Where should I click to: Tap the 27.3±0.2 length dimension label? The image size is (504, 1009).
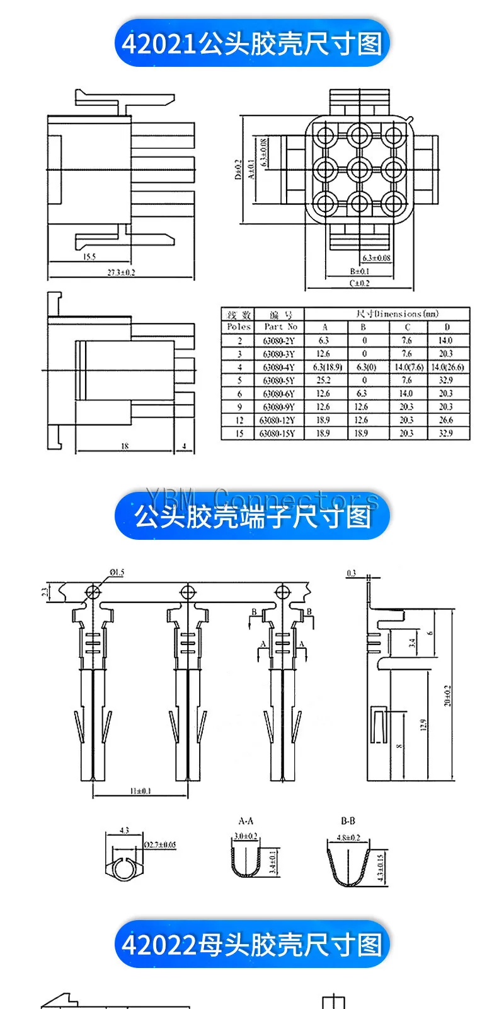click(x=122, y=273)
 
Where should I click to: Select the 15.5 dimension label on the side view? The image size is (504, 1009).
click(x=89, y=257)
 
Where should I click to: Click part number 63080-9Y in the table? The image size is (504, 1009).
click(x=278, y=407)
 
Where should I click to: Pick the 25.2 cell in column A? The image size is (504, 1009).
click(x=323, y=380)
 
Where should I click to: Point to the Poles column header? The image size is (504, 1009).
click(x=239, y=327)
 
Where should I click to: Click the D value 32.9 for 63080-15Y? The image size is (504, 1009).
click(x=445, y=433)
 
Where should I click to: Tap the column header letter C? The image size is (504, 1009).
click(x=407, y=327)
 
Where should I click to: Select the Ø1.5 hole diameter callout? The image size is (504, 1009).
click(x=117, y=573)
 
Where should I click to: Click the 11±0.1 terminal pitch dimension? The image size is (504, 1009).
click(x=140, y=791)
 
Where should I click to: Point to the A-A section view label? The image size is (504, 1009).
click(x=246, y=821)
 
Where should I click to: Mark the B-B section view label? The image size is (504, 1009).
click(x=348, y=821)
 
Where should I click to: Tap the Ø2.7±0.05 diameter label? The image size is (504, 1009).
click(x=160, y=844)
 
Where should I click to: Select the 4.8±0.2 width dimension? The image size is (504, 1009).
click(x=349, y=837)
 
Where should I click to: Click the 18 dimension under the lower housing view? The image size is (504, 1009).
click(x=125, y=446)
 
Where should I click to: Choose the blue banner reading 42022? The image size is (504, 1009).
click(x=252, y=945)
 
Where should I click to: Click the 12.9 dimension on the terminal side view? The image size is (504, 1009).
click(x=423, y=725)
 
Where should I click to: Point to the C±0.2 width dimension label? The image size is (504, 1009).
click(x=360, y=284)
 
